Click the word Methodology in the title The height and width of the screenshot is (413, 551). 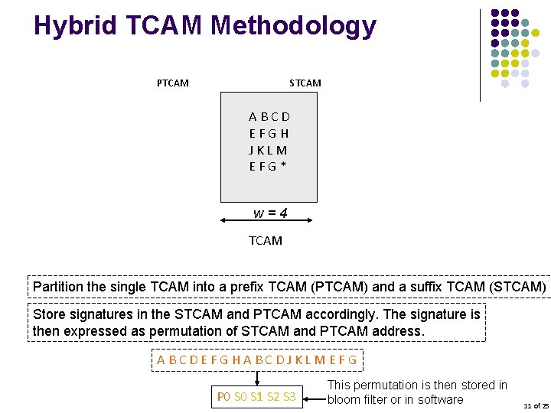coord(293,26)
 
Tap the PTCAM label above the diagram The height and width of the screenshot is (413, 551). coord(172,83)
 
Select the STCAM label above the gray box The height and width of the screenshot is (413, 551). coord(305,83)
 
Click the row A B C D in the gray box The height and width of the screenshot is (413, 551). coord(269,117)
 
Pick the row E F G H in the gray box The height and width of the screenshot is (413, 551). coord(269,133)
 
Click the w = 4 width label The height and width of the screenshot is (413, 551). coord(270,213)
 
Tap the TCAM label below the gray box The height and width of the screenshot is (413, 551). coord(266,240)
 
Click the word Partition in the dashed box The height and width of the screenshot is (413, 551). coord(58,287)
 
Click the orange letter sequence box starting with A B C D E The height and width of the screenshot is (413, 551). coord(257,359)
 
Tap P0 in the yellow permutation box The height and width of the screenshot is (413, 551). coord(223,397)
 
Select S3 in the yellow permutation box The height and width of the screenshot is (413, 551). coord(289,397)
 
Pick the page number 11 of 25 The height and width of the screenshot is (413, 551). coord(536,405)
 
